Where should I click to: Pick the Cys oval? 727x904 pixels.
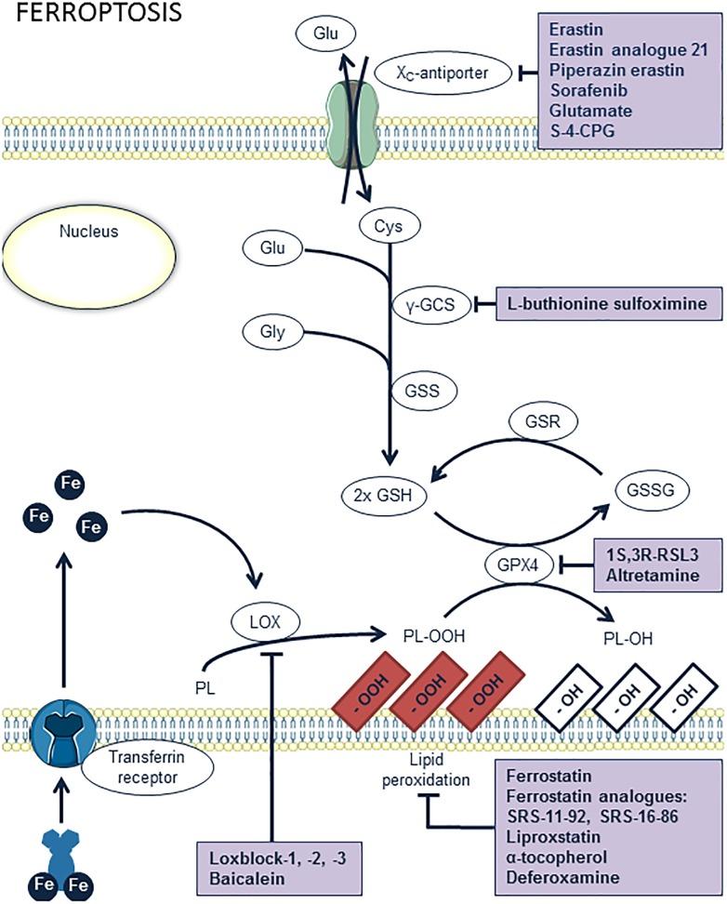coord(390,224)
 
